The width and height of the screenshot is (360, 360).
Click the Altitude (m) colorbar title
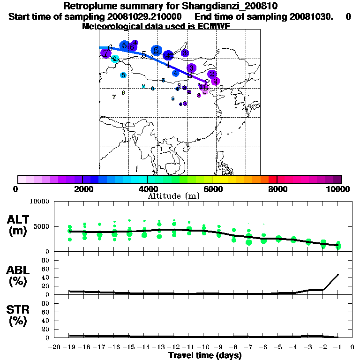[174, 195]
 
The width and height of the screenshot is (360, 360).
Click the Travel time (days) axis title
[205, 355]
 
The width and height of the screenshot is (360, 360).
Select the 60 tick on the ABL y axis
[45, 269]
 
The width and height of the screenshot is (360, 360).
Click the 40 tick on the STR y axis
[45, 321]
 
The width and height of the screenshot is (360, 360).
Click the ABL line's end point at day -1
[338, 274]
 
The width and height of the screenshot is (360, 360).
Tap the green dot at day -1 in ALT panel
[338, 245]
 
